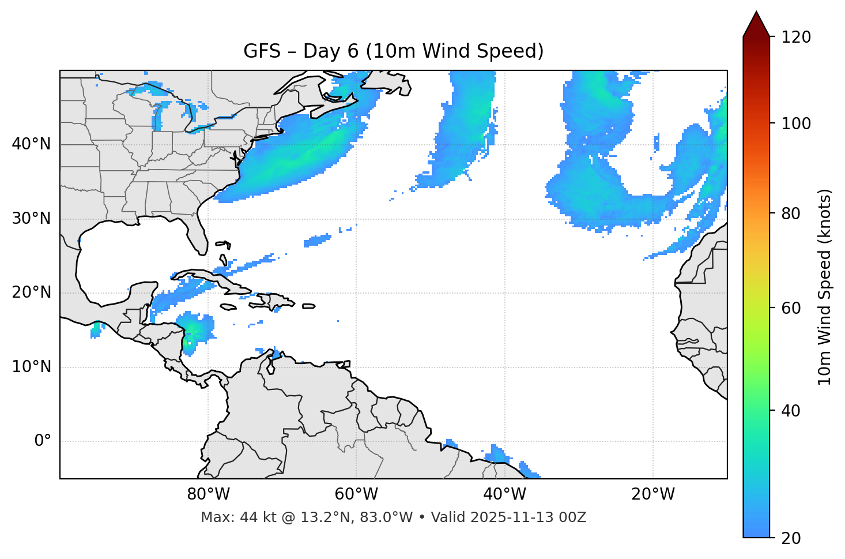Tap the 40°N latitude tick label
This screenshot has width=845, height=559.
pyautogui.click(x=31, y=144)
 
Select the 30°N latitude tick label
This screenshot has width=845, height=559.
pyautogui.click(x=31, y=219)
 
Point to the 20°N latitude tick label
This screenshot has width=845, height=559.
pyautogui.click(x=31, y=292)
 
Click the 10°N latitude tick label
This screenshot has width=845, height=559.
pyautogui.click(x=31, y=367)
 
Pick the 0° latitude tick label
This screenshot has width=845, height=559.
pyautogui.click(x=43, y=441)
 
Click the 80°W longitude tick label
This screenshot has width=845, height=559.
pyautogui.click(x=208, y=494)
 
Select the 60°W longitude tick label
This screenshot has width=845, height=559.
pyautogui.click(x=356, y=494)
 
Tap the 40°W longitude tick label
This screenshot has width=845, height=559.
pyautogui.click(x=504, y=494)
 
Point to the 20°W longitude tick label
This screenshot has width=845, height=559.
pyautogui.click(x=652, y=494)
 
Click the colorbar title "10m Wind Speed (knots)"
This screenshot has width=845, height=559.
pyautogui.click(x=825, y=287)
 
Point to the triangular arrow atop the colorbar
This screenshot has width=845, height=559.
pyautogui.click(x=756, y=24)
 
